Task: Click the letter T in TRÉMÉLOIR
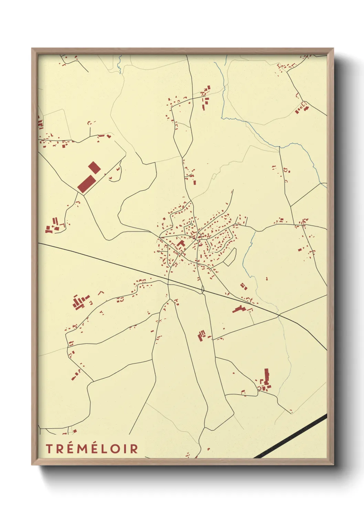(49, 449)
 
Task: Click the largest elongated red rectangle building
(86, 184)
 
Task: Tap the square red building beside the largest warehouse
(94, 168)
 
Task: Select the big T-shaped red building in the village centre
(181, 245)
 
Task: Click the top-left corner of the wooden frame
(32, 49)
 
